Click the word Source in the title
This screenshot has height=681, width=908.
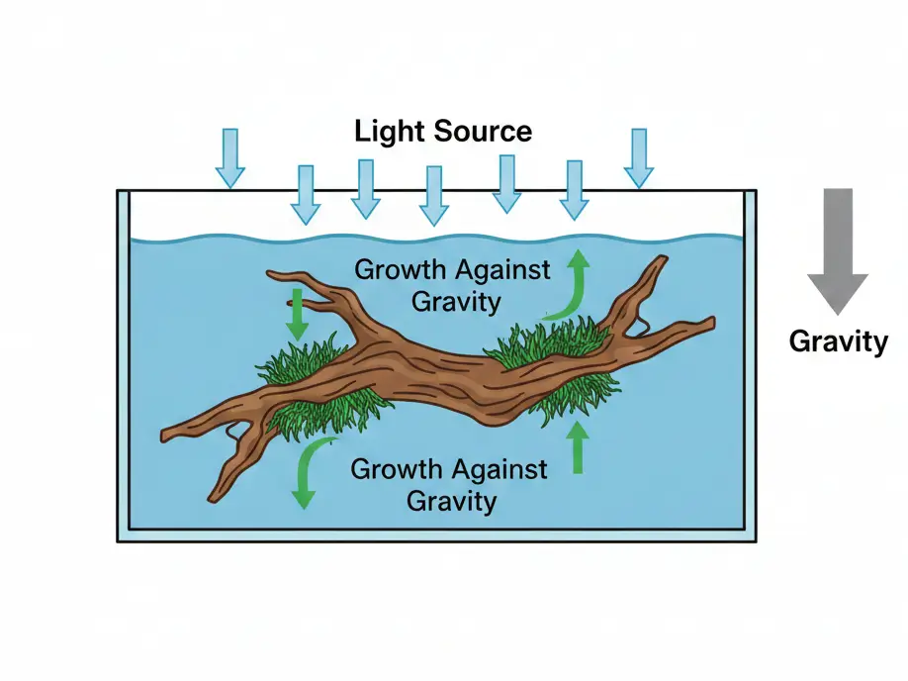pyautogui.click(x=483, y=131)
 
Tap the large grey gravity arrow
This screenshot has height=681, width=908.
pyautogui.click(x=837, y=248)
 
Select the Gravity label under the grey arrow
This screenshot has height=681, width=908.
pyautogui.click(x=838, y=341)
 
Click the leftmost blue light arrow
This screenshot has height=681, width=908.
pyautogui.click(x=229, y=157)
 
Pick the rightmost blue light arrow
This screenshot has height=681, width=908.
pyautogui.click(x=639, y=157)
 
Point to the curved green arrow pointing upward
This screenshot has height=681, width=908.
pyautogui.click(x=570, y=287)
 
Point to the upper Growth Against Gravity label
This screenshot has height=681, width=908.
pyautogui.click(x=451, y=284)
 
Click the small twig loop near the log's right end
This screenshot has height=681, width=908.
pyautogui.click(x=641, y=322)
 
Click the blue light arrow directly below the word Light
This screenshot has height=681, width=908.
pyautogui.click(x=366, y=188)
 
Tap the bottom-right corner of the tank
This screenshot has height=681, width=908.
pyautogui.click(x=756, y=539)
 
